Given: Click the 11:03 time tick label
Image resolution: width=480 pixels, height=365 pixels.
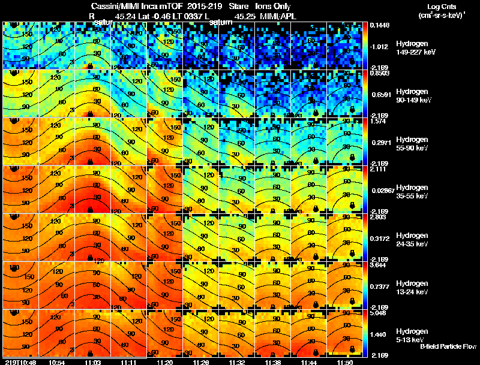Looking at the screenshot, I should tap(92, 362).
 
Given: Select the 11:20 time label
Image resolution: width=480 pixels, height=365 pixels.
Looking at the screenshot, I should tap(165, 362).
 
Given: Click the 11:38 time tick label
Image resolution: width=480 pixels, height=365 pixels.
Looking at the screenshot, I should tap(274, 362).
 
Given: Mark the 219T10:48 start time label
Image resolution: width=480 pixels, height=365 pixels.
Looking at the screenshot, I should tap(19, 362).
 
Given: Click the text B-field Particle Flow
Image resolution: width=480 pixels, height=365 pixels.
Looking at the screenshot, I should tap(448, 346).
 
